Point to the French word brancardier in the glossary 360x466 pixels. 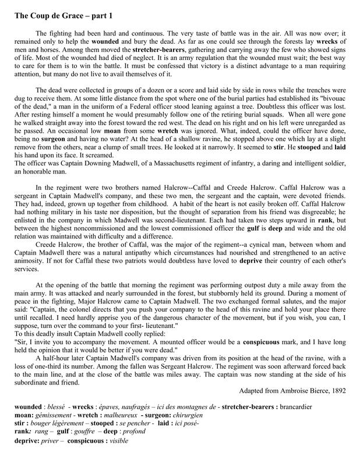[327, 417]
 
